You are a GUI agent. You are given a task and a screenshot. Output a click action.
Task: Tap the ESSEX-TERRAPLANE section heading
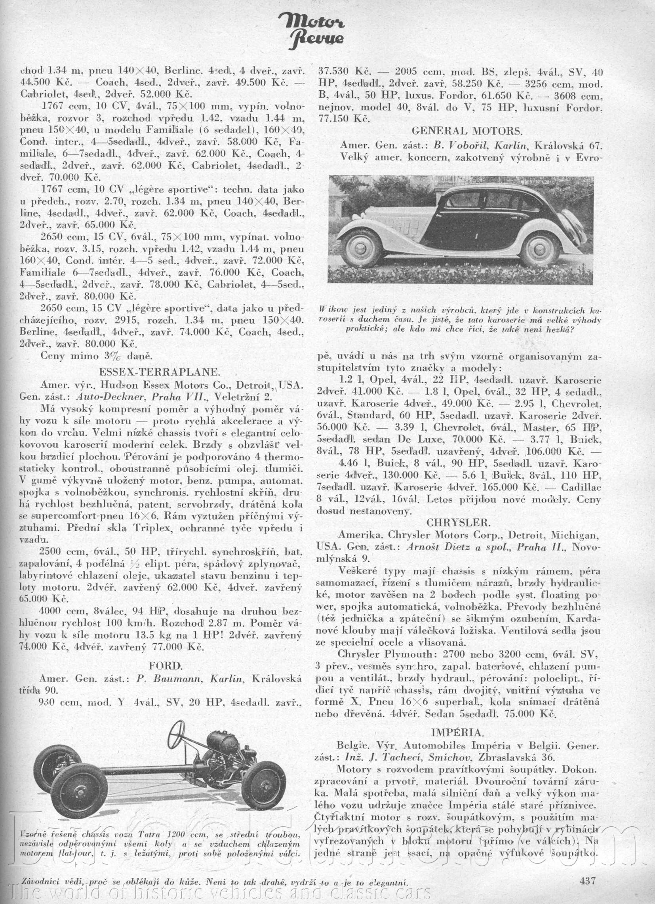[159, 372]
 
